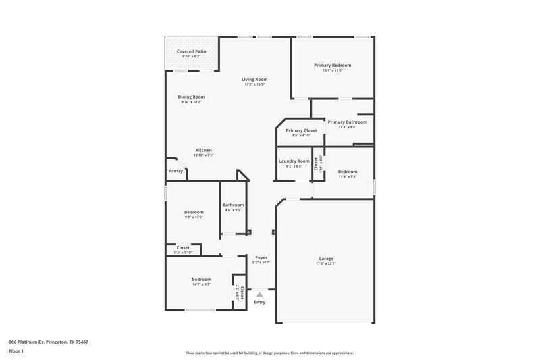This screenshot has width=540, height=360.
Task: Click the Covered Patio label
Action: point(191,51)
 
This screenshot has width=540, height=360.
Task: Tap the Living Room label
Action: point(254,80)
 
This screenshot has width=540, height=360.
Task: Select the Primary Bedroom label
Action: point(332,66)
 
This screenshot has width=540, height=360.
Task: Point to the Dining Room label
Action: point(191,97)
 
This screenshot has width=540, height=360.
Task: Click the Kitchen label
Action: point(204,150)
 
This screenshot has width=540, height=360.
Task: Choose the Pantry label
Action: point(175,171)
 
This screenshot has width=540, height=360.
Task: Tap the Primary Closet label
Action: point(301,130)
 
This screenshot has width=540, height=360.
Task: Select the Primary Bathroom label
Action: point(347,122)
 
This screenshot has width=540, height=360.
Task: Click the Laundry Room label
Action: point(294,161)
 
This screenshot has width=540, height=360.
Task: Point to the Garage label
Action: point(326,259)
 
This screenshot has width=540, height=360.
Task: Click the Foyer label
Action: point(261,258)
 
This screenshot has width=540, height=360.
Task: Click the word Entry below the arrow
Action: point(259,302)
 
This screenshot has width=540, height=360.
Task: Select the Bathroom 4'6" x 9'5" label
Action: point(233,205)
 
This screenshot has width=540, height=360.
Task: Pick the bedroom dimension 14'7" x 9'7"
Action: point(201,284)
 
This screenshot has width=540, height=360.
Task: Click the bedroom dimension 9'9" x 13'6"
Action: point(193,217)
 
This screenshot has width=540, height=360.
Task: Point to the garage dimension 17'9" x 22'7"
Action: point(326,264)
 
